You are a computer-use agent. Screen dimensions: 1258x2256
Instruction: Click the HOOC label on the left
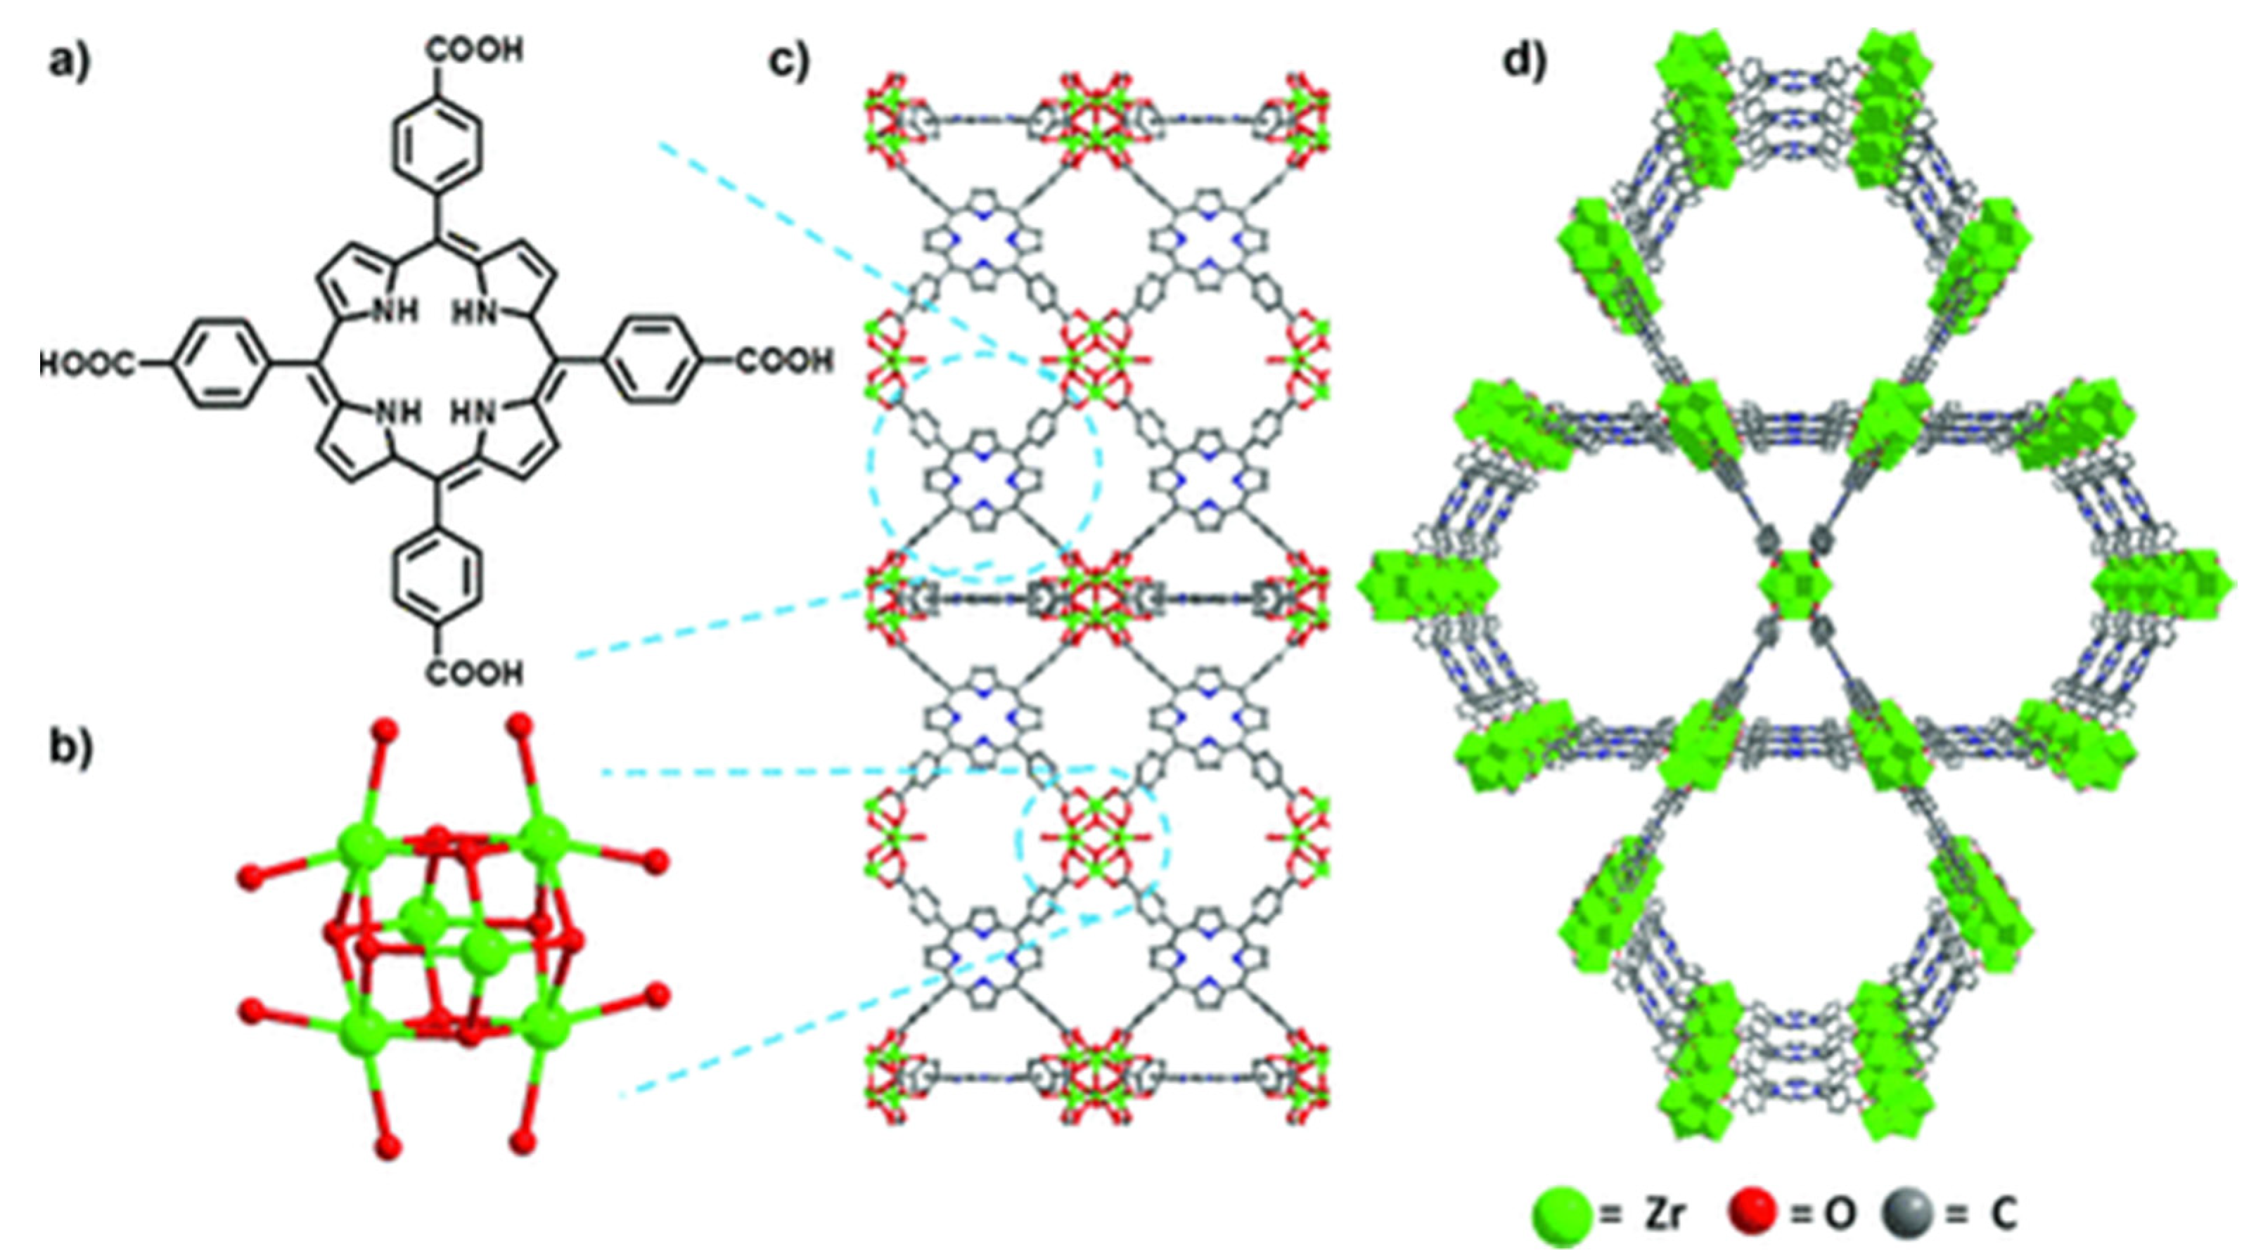coord(89,361)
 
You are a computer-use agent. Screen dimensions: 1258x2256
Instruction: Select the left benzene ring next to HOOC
coord(215,361)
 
